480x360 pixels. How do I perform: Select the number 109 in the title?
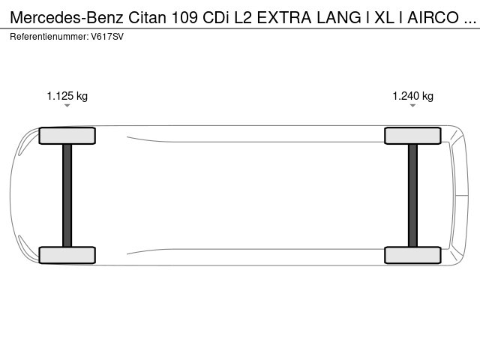184,17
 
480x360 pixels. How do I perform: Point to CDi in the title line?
216,17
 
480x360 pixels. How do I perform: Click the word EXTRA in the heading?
284,17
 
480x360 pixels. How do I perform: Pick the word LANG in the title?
339,17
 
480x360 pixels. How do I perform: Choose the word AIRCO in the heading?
433,17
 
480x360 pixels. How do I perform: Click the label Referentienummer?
49,37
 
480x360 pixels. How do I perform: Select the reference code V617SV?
107,37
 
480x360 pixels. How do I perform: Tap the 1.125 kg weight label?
67,96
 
